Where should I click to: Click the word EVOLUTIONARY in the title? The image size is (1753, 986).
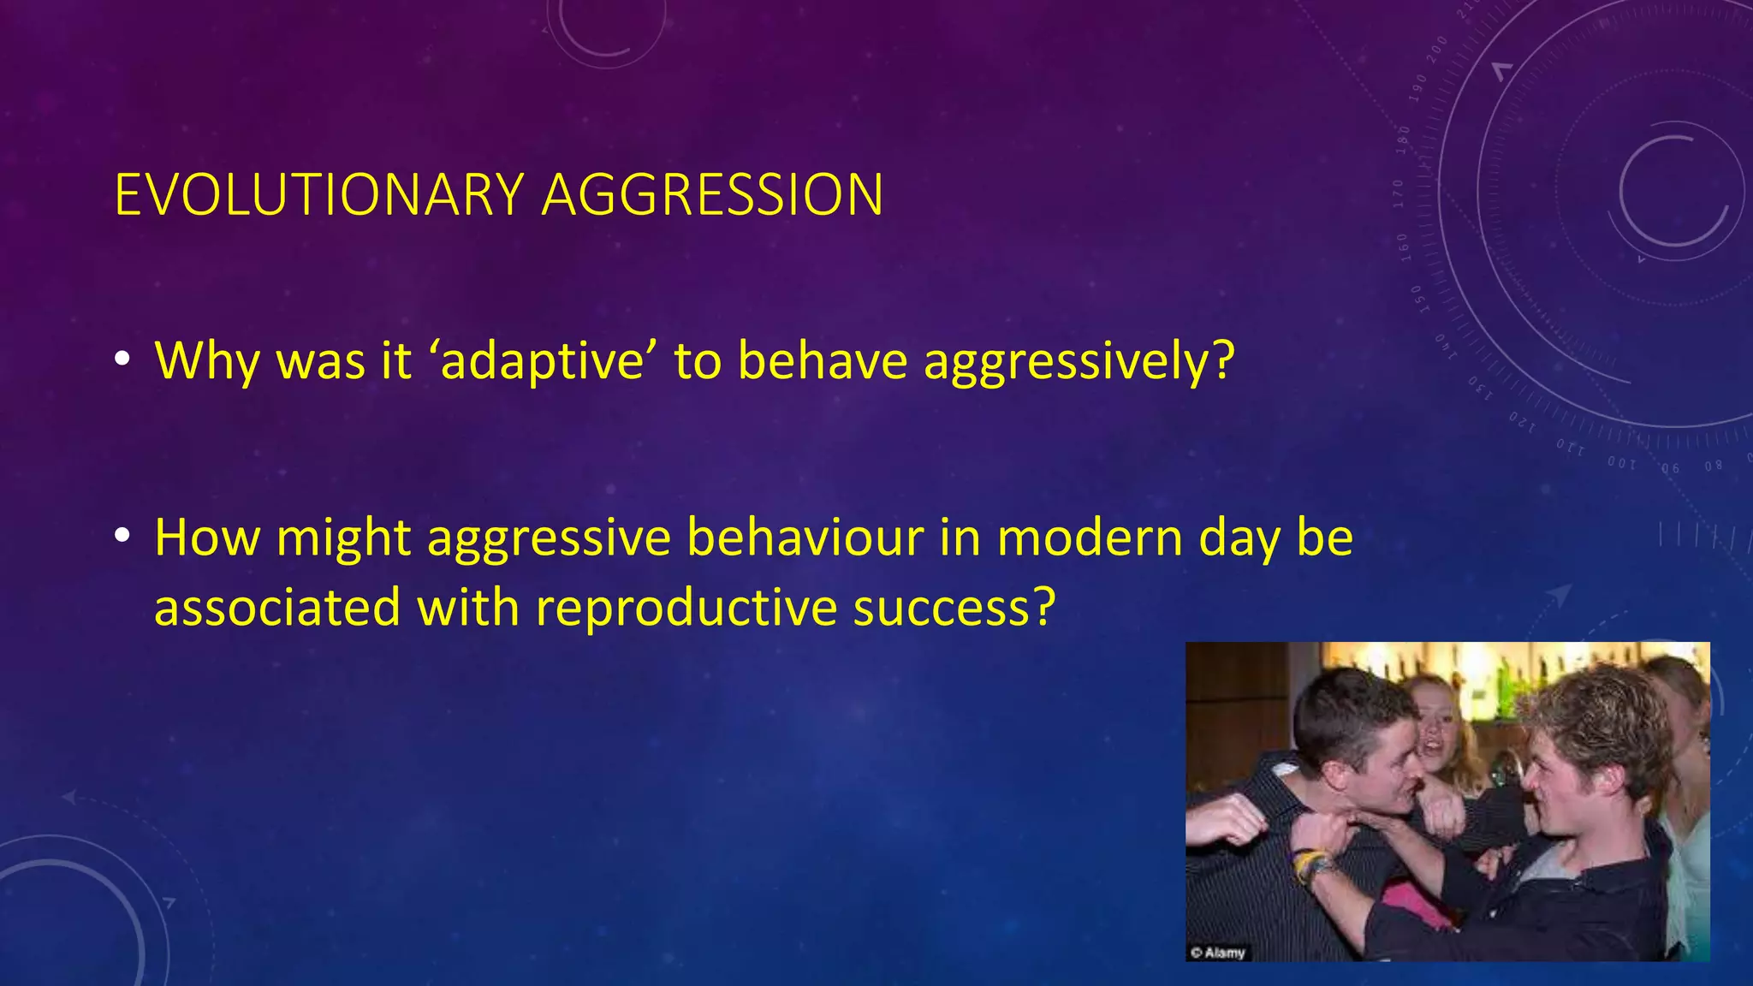(x=318, y=195)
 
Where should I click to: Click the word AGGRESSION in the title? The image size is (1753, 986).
(x=712, y=195)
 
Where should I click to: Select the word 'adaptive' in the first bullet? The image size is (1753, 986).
(x=542, y=360)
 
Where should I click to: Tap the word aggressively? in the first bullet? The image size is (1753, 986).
(x=1079, y=362)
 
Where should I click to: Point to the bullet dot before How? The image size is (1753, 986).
(x=123, y=537)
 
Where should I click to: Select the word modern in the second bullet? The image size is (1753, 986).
(x=1090, y=538)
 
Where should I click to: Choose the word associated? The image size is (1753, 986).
(x=276, y=609)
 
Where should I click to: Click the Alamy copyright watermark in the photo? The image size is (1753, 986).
(x=1217, y=952)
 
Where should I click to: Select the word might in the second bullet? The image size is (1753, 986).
(x=343, y=540)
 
